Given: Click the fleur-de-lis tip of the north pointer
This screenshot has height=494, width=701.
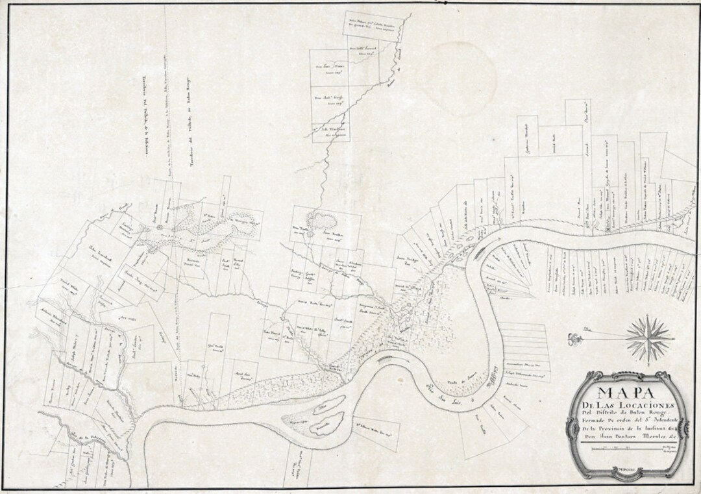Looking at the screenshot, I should (571, 336).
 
